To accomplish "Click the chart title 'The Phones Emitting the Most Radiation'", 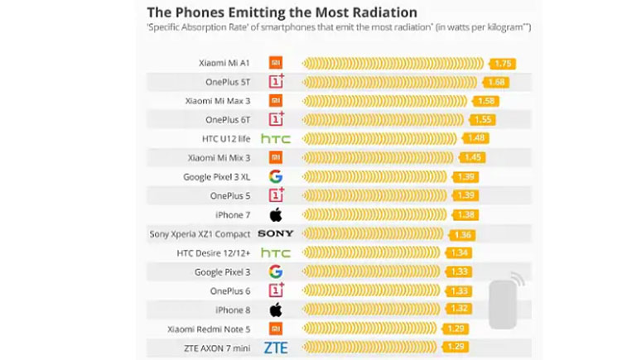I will click(282, 12).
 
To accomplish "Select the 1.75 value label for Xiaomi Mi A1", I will click(503, 63).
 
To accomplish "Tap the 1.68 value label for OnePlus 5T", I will click(497, 82).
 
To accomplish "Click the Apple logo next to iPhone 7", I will click(276, 215).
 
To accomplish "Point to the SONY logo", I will click(276, 234).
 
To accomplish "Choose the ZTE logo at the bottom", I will click(276, 348).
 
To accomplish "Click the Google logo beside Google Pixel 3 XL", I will click(276, 177).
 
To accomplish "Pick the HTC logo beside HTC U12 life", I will click(276, 139).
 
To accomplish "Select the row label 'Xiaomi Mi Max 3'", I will click(218, 101).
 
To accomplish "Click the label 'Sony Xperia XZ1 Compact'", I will click(200, 234).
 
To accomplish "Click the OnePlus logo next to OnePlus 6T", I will click(276, 120).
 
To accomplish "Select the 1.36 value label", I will click(464, 235).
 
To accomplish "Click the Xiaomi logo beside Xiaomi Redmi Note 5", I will click(276, 329).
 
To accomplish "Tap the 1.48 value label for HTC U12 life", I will click(476, 139).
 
